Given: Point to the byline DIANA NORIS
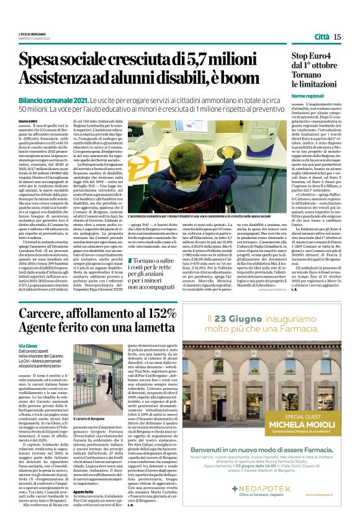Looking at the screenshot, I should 29,112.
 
